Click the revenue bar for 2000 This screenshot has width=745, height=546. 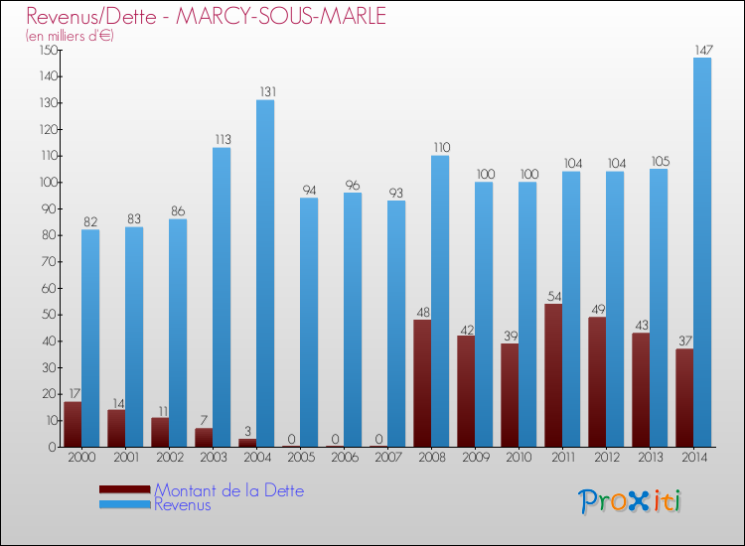pyautogui.click(x=90, y=338)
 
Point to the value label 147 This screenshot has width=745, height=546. pyautogui.click(x=702, y=48)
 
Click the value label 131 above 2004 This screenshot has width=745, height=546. pyautogui.click(x=265, y=91)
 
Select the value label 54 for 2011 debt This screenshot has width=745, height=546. pyautogui.click(x=553, y=296)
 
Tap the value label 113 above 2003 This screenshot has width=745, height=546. pyautogui.click(x=222, y=139)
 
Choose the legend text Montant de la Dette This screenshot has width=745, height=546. pyautogui.click(x=228, y=490)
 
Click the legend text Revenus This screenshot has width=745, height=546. pyautogui.click(x=183, y=505)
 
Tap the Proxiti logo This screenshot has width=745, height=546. pyautogui.click(x=631, y=501)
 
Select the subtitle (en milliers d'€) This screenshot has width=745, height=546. pyautogui.click(x=70, y=36)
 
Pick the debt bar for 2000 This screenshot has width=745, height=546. pyautogui.click(x=73, y=424)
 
